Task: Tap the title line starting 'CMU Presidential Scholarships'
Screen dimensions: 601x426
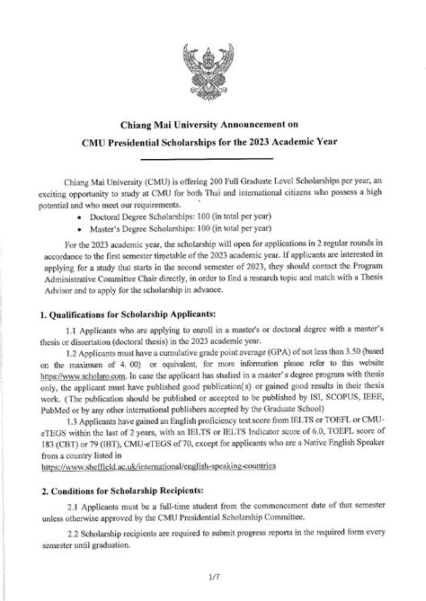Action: (x=213, y=143)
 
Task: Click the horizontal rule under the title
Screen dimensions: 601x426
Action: (x=213, y=159)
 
